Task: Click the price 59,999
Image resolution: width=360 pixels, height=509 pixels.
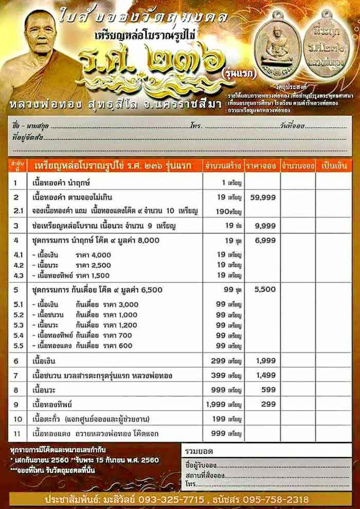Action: click(263, 197)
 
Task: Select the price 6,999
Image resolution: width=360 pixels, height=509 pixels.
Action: click(265, 240)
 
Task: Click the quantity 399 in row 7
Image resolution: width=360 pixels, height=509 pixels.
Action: click(222, 376)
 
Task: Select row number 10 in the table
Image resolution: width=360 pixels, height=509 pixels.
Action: click(17, 419)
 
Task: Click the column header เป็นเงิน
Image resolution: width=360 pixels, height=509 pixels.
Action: click(334, 166)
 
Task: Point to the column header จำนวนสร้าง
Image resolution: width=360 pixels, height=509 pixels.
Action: click(224, 166)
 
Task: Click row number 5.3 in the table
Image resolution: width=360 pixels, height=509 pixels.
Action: click(19, 325)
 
